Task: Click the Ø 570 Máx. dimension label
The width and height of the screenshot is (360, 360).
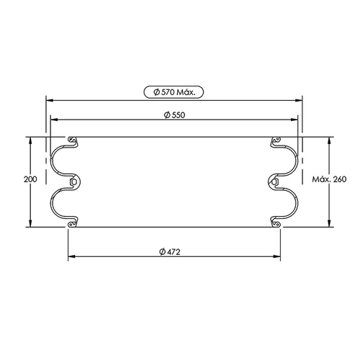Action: [x=174, y=92]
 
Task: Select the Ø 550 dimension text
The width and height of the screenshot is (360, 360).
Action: [x=175, y=115]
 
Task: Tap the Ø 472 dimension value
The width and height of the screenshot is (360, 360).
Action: [x=170, y=252]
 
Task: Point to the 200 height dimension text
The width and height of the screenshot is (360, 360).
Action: [x=30, y=179]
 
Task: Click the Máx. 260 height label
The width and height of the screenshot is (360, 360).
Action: [x=329, y=179]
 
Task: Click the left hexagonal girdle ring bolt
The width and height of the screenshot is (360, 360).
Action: [x=73, y=182]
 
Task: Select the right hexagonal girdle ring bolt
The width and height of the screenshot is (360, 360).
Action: [x=274, y=182]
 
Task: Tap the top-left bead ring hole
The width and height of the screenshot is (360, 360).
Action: [x=71, y=139]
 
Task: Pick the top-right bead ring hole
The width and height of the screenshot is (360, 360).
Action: [x=278, y=139]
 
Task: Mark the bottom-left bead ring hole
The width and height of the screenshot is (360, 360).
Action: [x=71, y=225]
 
